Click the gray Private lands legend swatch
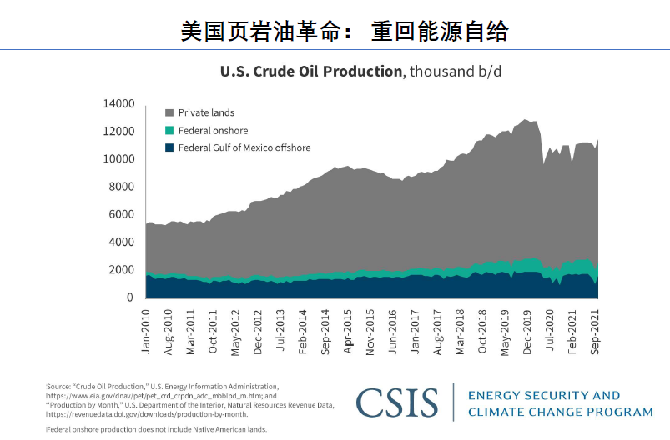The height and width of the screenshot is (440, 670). tap(169, 112)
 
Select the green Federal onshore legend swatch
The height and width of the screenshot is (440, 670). tap(169, 130)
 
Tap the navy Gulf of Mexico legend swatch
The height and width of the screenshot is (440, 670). tap(169, 148)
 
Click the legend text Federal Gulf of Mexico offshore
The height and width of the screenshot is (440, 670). tap(244, 148)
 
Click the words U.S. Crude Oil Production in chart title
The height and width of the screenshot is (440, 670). tap(310, 72)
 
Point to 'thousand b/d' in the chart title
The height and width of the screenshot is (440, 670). tap(455, 72)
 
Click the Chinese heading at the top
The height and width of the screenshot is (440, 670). tap(344, 32)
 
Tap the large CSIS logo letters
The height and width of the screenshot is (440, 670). tap(397, 402)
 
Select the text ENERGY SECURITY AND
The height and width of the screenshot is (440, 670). tap(544, 395)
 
